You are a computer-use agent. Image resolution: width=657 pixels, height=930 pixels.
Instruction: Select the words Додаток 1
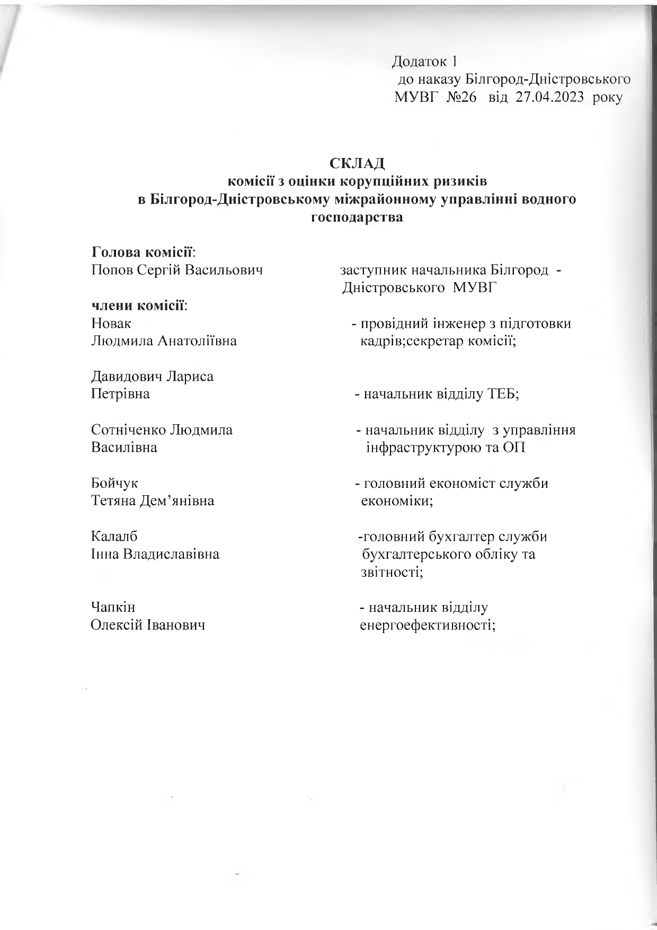(424, 62)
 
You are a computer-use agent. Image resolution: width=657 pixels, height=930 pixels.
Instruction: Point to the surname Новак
(111, 323)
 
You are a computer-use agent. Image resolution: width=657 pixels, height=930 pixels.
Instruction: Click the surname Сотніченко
(128, 429)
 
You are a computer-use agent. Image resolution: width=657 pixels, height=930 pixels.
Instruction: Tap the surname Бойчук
(115, 483)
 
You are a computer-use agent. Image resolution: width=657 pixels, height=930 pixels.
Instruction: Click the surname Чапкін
(113, 607)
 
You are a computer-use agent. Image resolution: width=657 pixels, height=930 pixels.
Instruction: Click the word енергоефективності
(428, 625)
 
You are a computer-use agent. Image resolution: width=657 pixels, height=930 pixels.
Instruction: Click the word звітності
(392, 572)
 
